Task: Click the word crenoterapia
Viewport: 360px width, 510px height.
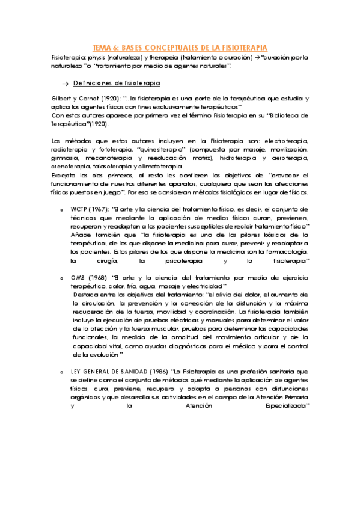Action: point(70,166)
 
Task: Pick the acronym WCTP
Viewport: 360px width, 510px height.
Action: point(79,209)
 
